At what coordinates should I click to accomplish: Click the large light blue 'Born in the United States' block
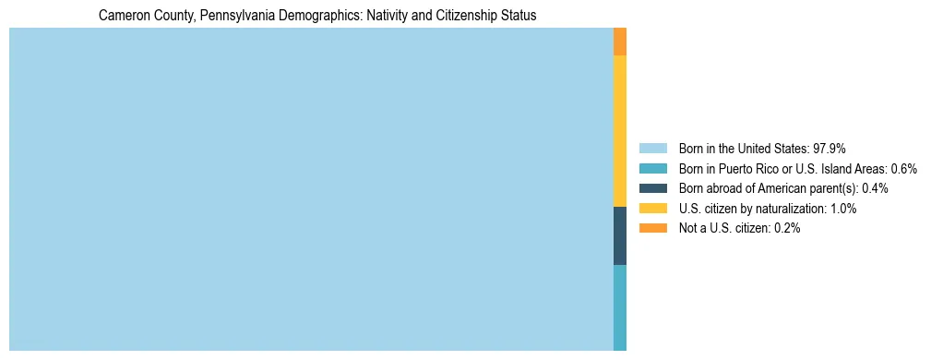click(x=311, y=189)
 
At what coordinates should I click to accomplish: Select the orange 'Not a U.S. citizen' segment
click(x=620, y=42)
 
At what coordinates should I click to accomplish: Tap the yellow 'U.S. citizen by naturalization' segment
click(x=620, y=131)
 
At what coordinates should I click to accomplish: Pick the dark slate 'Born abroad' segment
click(x=620, y=235)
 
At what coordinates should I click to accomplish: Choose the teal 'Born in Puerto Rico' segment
click(x=620, y=307)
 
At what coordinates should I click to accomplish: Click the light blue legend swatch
click(x=652, y=148)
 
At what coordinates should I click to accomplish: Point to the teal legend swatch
click(x=652, y=168)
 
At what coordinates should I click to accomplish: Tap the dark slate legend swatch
click(x=652, y=188)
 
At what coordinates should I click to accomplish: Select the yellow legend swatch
click(x=652, y=209)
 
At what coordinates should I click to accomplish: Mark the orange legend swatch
click(x=652, y=228)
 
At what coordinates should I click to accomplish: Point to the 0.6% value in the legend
click(x=903, y=168)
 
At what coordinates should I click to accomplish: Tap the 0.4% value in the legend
click(x=876, y=188)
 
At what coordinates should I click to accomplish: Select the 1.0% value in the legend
click(x=843, y=209)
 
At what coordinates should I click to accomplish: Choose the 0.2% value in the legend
click(x=787, y=228)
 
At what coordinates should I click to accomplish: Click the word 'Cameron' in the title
click(x=125, y=16)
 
